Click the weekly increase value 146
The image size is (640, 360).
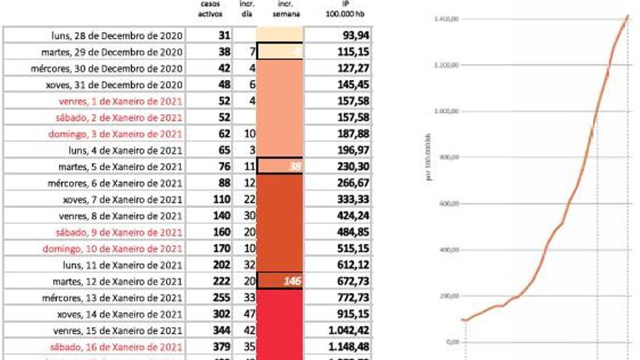292,281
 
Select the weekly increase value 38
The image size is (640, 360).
294,167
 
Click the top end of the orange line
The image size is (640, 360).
627,16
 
